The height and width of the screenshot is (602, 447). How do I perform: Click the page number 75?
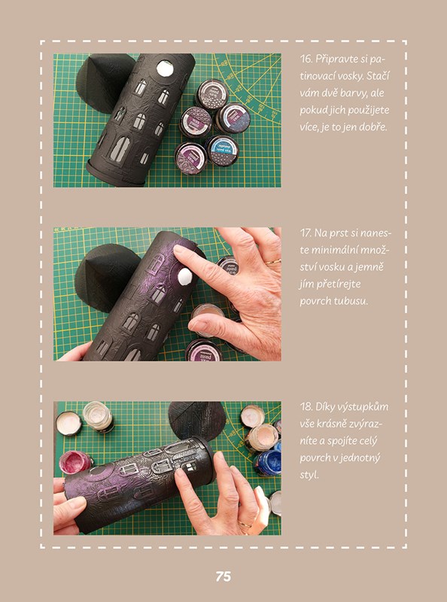click(x=223, y=576)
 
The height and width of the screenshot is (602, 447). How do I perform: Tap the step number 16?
click(x=306, y=59)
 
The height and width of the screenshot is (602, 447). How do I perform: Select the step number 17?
click(x=306, y=233)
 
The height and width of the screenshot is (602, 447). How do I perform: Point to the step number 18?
click(x=306, y=406)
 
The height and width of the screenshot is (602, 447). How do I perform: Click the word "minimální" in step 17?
click(x=333, y=251)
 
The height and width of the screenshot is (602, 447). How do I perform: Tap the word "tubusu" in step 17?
click(x=350, y=301)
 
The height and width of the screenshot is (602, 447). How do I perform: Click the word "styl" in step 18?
click(x=309, y=476)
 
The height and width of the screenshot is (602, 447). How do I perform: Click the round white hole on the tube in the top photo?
click(x=165, y=68)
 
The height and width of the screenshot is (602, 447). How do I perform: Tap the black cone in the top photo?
click(x=102, y=83)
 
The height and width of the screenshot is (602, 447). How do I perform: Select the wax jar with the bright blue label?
click(x=222, y=150)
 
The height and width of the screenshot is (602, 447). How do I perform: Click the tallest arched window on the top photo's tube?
click(x=120, y=149)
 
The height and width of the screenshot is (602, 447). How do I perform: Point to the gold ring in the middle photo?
click(x=273, y=262)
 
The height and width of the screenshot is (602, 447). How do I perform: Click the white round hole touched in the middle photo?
click(x=185, y=276)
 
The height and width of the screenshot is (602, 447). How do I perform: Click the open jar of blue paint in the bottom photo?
click(x=267, y=462)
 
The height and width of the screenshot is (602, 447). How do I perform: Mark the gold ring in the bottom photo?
click(x=245, y=524)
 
